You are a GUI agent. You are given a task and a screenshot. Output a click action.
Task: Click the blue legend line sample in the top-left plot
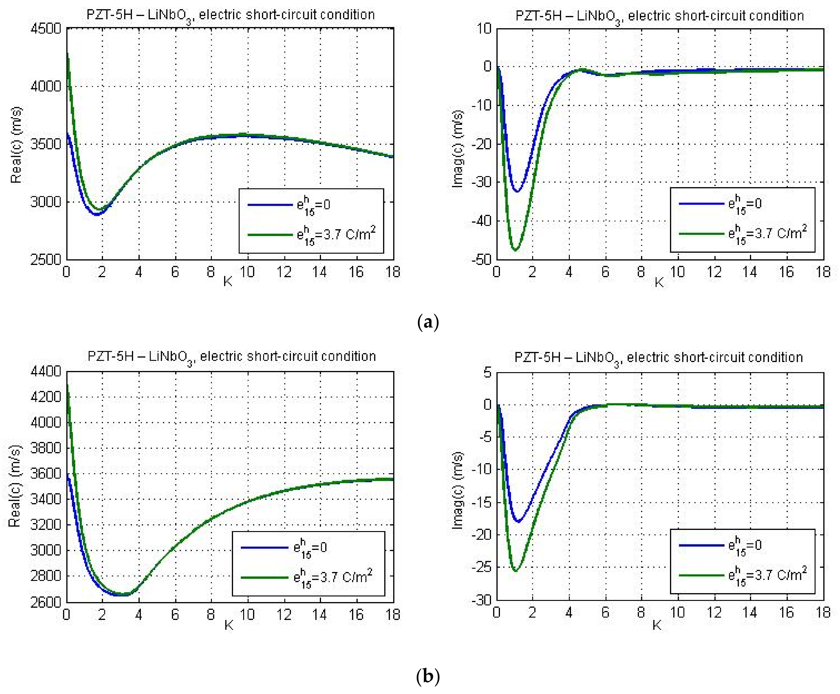pos(270,205)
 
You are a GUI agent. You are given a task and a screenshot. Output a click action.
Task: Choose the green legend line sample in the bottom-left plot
pos(264,577)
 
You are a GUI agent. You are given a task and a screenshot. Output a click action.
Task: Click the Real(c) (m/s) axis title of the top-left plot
pos(16,145)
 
